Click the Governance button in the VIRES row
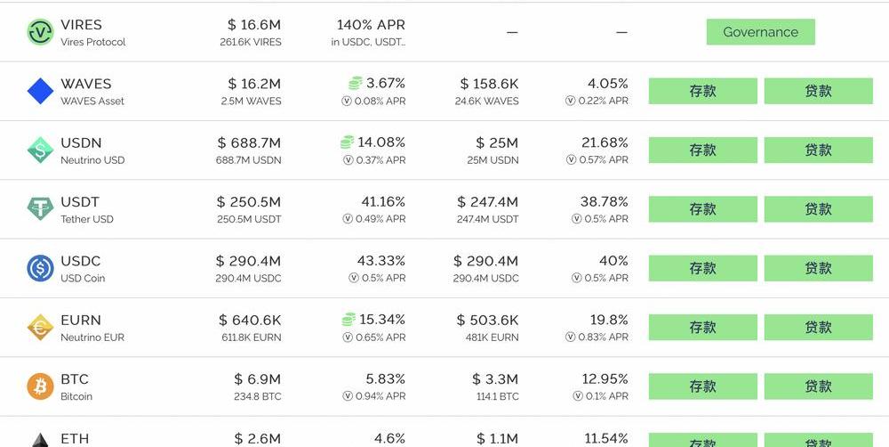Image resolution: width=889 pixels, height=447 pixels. (x=760, y=32)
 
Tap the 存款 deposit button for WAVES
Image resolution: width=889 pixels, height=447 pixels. (x=702, y=91)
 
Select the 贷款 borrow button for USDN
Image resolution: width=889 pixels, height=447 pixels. (x=818, y=150)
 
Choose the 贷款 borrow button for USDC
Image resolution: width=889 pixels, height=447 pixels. (x=818, y=268)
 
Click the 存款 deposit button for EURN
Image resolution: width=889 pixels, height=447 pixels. (x=702, y=327)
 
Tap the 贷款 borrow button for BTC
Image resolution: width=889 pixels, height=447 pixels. (x=818, y=386)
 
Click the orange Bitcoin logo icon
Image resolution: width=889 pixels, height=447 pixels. (x=40, y=386)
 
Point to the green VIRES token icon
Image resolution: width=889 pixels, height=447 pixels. (x=40, y=32)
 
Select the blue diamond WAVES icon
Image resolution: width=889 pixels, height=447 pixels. (x=40, y=91)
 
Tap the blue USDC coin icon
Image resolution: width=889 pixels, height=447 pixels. (x=40, y=268)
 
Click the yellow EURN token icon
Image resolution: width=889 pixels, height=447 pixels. (x=40, y=328)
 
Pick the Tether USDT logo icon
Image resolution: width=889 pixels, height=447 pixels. (x=40, y=209)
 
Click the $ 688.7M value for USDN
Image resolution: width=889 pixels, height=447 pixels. (x=249, y=142)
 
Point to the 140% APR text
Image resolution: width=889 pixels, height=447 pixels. (x=371, y=25)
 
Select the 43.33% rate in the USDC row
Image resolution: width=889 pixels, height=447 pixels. (x=380, y=261)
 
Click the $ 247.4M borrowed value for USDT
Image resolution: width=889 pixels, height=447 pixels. (x=487, y=202)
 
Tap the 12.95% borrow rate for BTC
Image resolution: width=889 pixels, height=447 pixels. (x=605, y=379)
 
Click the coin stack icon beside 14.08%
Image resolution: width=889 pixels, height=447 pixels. (x=347, y=142)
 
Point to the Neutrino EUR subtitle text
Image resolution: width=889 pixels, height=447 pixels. (x=92, y=337)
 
